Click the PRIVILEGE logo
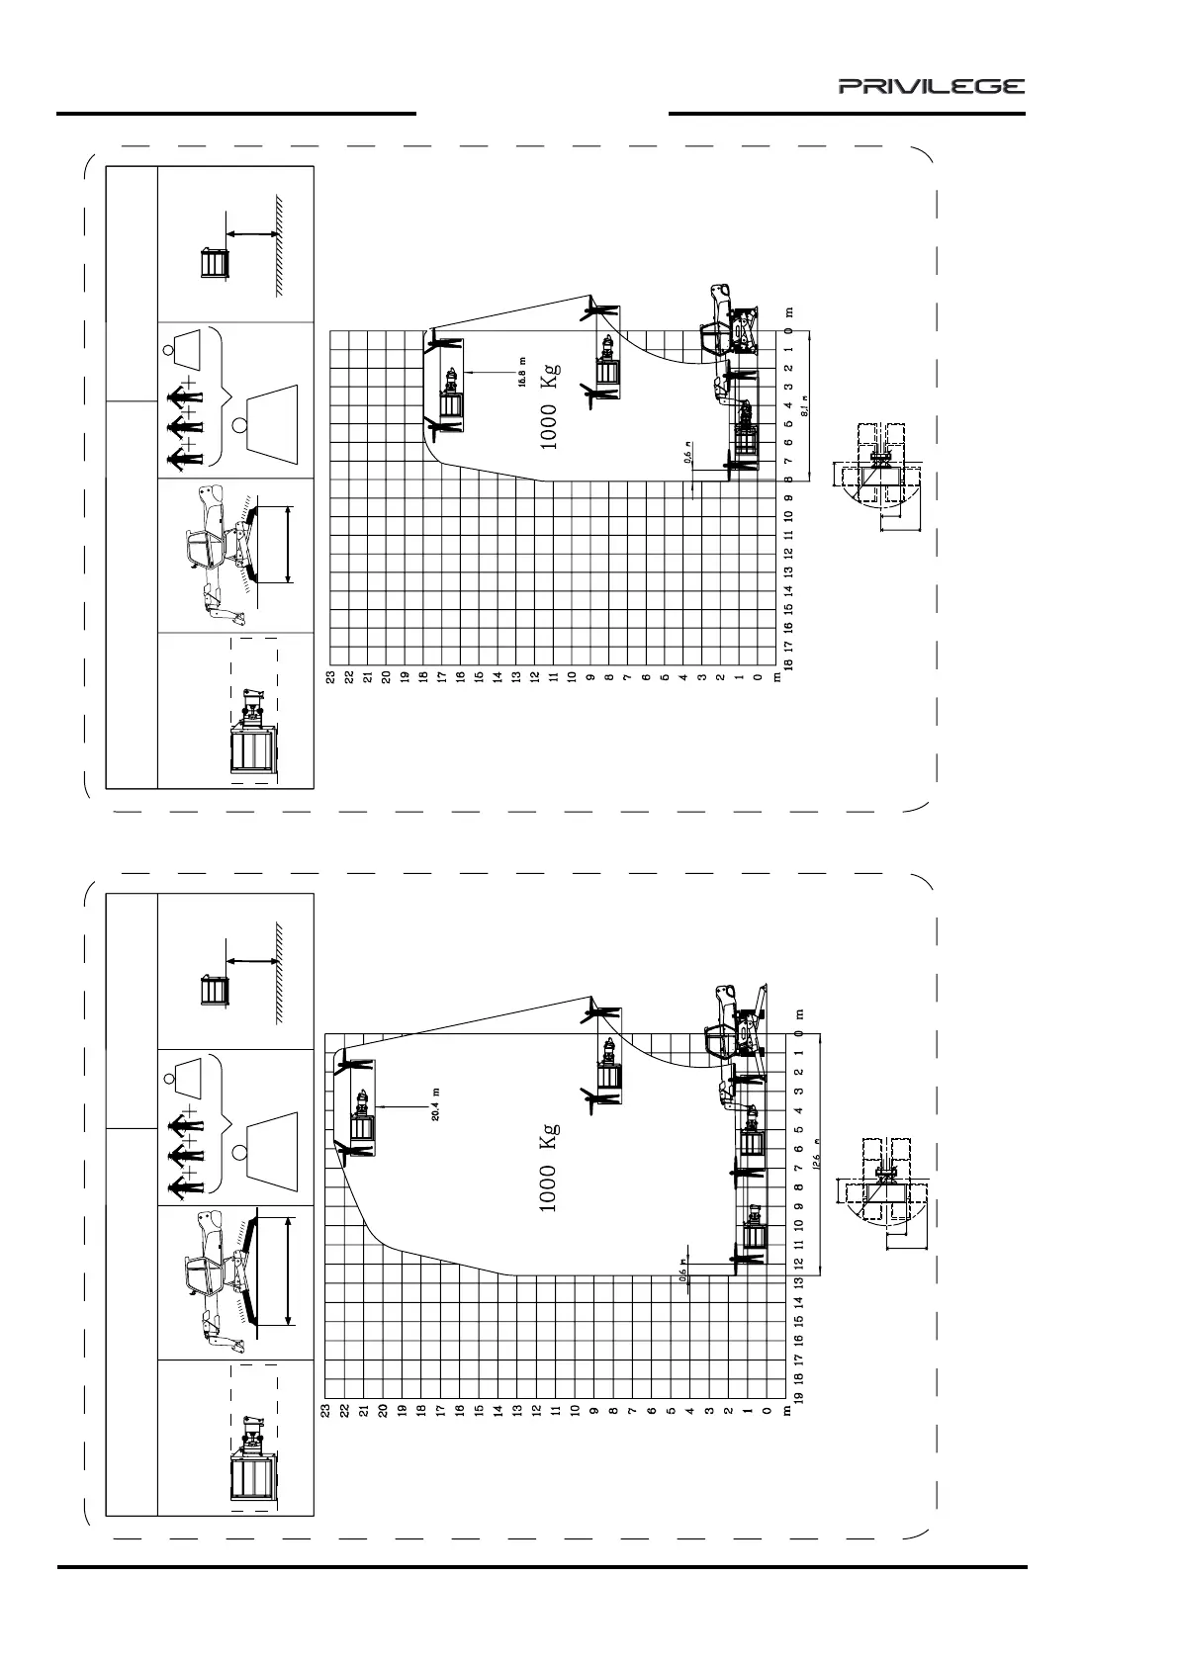[932, 87]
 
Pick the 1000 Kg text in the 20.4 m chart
[550, 1168]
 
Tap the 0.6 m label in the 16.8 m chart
[688, 456]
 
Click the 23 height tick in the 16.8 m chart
[333, 677]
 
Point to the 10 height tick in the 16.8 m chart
[573, 677]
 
